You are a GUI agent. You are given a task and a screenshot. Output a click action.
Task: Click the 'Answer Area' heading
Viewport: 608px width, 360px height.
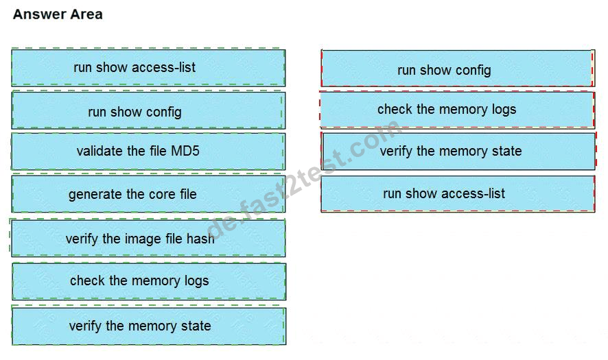[x=58, y=14]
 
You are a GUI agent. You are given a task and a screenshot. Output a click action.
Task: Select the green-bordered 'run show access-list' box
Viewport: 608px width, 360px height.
[x=148, y=67]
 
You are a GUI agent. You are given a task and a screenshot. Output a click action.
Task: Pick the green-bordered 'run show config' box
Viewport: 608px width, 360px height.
[x=148, y=110]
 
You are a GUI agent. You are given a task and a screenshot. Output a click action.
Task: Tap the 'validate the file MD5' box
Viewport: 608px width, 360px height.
[x=148, y=152]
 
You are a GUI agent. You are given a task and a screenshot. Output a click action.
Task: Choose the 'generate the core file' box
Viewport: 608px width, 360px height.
[x=148, y=194]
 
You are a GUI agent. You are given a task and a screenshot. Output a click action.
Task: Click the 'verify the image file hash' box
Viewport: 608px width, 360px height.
[x=148, y=238]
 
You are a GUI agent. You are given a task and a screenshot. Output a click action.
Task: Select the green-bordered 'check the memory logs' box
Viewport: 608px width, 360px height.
[x=149, y=282]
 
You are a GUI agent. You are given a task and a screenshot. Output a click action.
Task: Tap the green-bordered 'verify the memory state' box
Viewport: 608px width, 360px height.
[x=149, y=326]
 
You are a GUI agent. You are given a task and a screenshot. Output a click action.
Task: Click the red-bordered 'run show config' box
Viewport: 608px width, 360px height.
[x=458, y=68]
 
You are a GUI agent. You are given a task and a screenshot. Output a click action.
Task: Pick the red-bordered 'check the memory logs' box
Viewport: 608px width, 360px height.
[x=458, y=110]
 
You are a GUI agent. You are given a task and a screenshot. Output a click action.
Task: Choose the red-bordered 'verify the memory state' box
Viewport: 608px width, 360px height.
[x=458, y=151]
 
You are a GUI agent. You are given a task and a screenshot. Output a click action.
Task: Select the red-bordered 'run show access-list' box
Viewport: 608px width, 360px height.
[x=458, y=194]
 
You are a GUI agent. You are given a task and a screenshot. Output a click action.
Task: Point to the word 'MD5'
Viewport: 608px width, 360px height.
[x=185, y=150]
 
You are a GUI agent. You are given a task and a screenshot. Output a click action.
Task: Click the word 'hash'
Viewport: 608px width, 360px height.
[x=200, y=238]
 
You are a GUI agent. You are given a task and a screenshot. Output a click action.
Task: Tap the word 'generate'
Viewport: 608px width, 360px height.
[x=95, y=195]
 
